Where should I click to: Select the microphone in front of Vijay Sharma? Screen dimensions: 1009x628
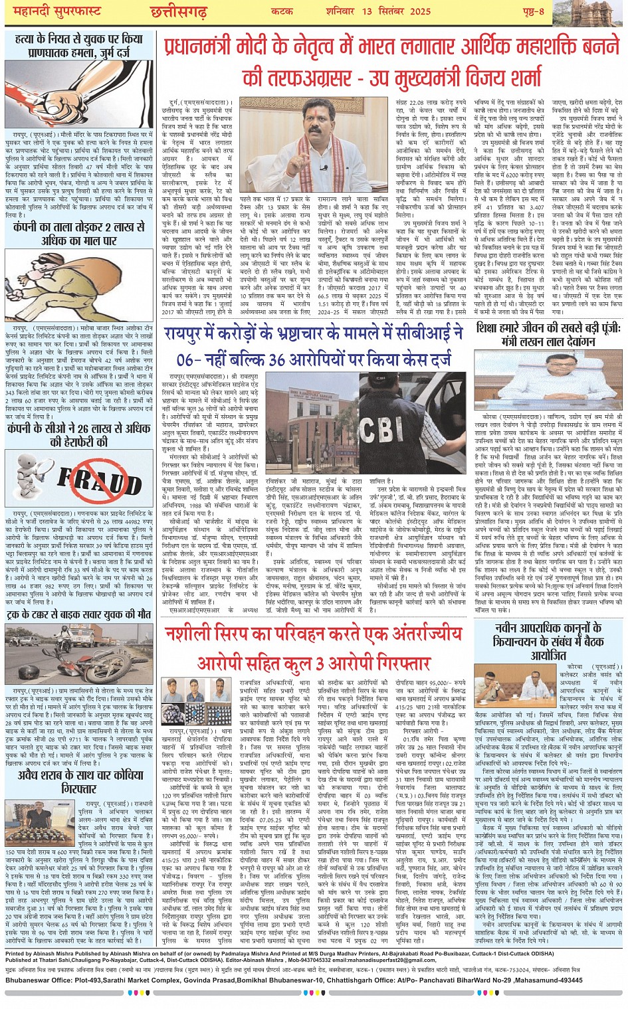pyautogui.click(x=324, y=169)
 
